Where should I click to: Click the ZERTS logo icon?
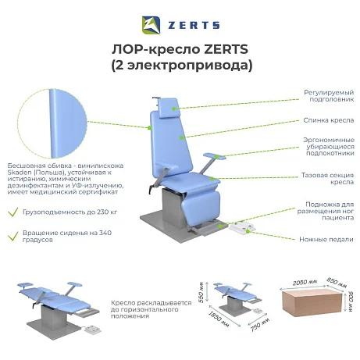click(151, 25)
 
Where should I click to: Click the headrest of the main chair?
click(169, 108)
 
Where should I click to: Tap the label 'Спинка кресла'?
click(329, 120)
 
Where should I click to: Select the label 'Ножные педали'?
click(326, 239)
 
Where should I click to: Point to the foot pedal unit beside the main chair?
click(242, 228)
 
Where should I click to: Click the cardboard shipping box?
click(312, 303)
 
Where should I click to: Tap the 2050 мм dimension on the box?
click(305, 283)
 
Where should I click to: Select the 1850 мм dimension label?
click(219, 319)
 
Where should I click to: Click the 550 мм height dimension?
click(201, 292)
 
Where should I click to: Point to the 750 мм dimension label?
click(260, 324)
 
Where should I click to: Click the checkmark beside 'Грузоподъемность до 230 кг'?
click(12, 212)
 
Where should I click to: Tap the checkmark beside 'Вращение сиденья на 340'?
click(12, 236)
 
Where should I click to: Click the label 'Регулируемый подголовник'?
click(329, 96)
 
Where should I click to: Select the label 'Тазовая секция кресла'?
click(327, 178)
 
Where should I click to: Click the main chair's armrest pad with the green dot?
click(214, 155)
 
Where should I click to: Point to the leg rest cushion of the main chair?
click(201, 209)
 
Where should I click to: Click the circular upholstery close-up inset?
click(52, 123)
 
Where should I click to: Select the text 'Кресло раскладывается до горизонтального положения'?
click(151, 309)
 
